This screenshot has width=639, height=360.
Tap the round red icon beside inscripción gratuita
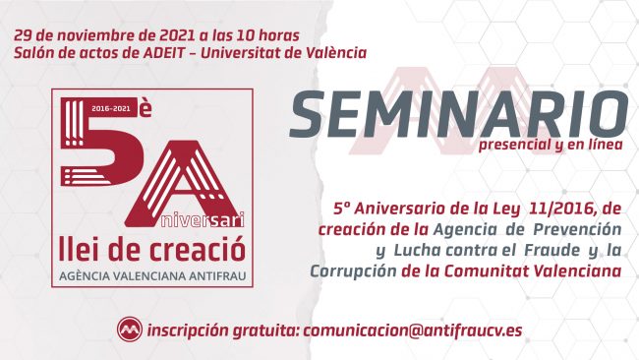pyautogui.click(x=129, y=329)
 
